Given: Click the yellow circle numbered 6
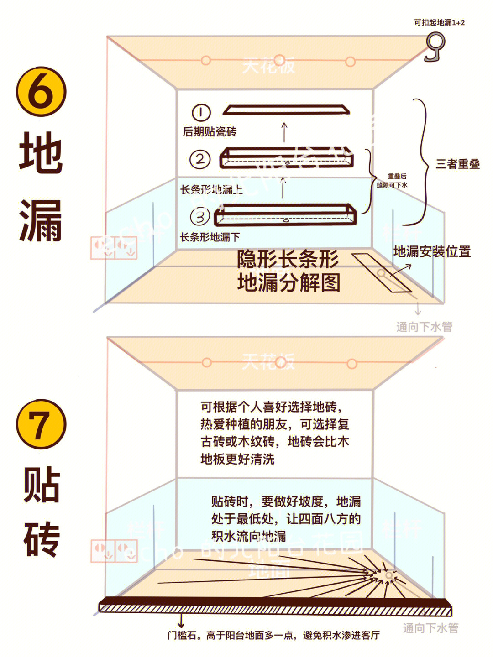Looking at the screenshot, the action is (x=41, y=91).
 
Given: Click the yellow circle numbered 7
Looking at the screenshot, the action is (x=41, y=424).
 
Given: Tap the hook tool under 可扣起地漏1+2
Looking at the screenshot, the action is (x=435, y=47).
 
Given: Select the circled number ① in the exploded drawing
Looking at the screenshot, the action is (x=201, y=112).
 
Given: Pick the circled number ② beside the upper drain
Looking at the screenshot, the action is (x=200, y=159).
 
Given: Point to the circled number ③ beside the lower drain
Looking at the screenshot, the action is (x=200, y=217).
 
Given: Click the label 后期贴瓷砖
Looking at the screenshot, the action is (x=210, y=132).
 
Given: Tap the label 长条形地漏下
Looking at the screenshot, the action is (x=210, y=237).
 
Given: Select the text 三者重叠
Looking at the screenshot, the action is (x=457, y=164).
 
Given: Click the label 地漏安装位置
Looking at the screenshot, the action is (x=432, y=251).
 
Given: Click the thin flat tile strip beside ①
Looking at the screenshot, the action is (x=286, y=110).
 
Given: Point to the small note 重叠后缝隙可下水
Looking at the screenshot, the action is (x=392, y=181).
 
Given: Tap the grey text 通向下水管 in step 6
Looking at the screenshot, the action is (x=424, y=327).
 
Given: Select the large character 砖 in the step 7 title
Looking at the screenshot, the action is (x=42, y=539).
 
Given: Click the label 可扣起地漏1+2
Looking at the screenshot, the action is (x=439, y=22).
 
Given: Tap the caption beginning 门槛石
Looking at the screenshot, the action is (x=273, y=635).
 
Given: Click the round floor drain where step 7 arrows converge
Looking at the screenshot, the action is (x=388, y=576).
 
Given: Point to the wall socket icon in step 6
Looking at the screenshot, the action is (x=114, y=248).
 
